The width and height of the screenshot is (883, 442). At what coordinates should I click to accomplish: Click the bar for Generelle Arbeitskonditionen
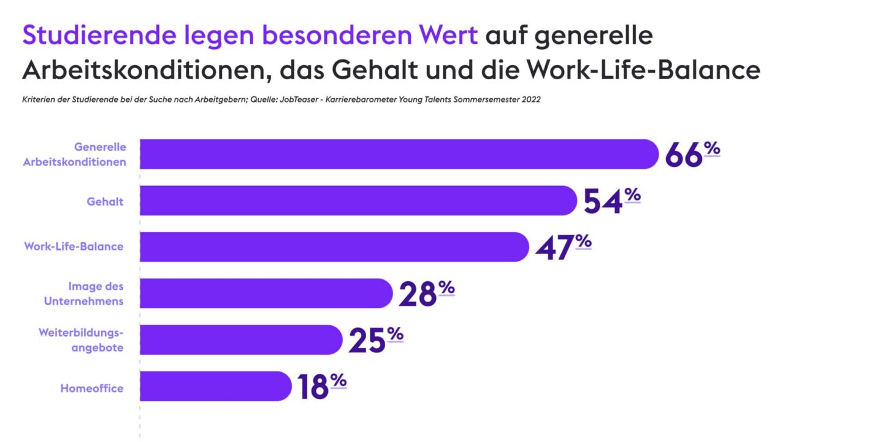pyautogui.click(x=399, y=154)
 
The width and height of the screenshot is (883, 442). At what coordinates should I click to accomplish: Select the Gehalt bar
pyautogui.click(x=358, y=201)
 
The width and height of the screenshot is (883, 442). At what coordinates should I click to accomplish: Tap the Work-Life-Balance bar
pyautogui.click(x=334, y=247)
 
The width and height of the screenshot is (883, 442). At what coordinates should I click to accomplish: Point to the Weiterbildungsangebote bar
pyautogui.click(x=240, y=340)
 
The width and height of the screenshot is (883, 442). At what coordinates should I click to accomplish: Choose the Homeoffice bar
pyautogui.click(x=215, y=386)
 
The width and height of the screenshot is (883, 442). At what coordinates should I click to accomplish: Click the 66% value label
pyautogui.click(x=692, y=155)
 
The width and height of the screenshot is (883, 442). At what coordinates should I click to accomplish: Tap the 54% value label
pyautogui.click(x=611, y=201)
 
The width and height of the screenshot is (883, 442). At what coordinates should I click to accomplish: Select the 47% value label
pyautogui.click(x=562, y=247)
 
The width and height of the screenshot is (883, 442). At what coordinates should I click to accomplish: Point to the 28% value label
pyautogui.click(x=426, y=293)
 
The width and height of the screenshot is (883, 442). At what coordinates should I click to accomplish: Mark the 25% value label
pyautogui.click(x=375, y=340)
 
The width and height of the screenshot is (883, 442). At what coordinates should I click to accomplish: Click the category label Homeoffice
pyautogui.click(x=91, y=389)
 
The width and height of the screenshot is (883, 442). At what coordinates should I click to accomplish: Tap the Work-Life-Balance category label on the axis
pyautogui.click(x=74, y=247)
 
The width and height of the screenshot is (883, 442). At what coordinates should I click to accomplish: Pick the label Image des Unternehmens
pyautogui.click(x=96, y=293)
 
